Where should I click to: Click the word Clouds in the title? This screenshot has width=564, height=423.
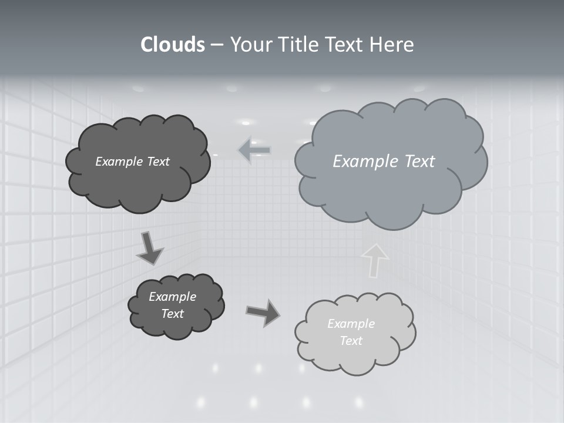click(x=173, y=45)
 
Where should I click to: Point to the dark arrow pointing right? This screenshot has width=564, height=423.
click(x=263, y=312)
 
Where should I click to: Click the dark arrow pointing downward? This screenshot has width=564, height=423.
click(x=149, y=247)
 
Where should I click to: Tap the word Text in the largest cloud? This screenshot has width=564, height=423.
click(x=421, y=161)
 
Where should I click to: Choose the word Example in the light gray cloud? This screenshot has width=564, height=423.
click(x=351, y=324)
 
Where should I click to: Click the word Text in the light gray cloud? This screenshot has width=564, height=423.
click(x=351, y=341)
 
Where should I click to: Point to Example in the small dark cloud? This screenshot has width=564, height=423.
click(x=172, y=297)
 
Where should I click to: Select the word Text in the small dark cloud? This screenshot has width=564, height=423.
click(x=172, y=314)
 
